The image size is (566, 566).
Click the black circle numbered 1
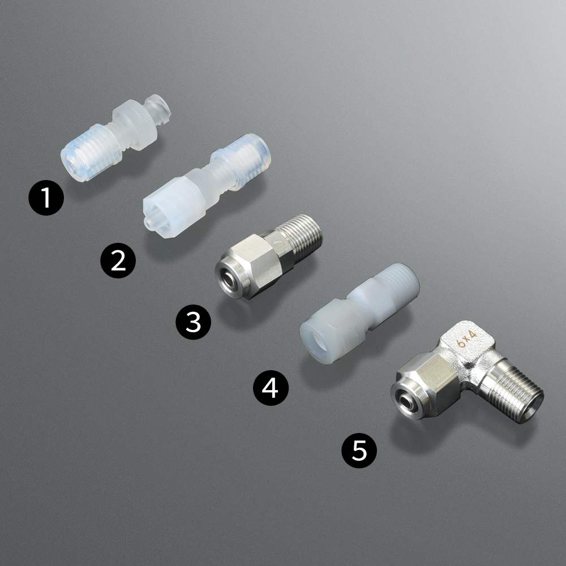click(46, 198)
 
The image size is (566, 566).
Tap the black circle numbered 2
click(118, 260)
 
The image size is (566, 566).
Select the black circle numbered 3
click(194, 322)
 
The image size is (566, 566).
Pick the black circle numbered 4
click(271, 388)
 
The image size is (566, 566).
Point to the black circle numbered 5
click(359, 451)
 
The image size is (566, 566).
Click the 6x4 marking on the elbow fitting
click(468, 339)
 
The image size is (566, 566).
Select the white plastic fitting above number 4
click(360, 312)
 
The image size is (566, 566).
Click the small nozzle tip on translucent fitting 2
click(149, 222)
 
